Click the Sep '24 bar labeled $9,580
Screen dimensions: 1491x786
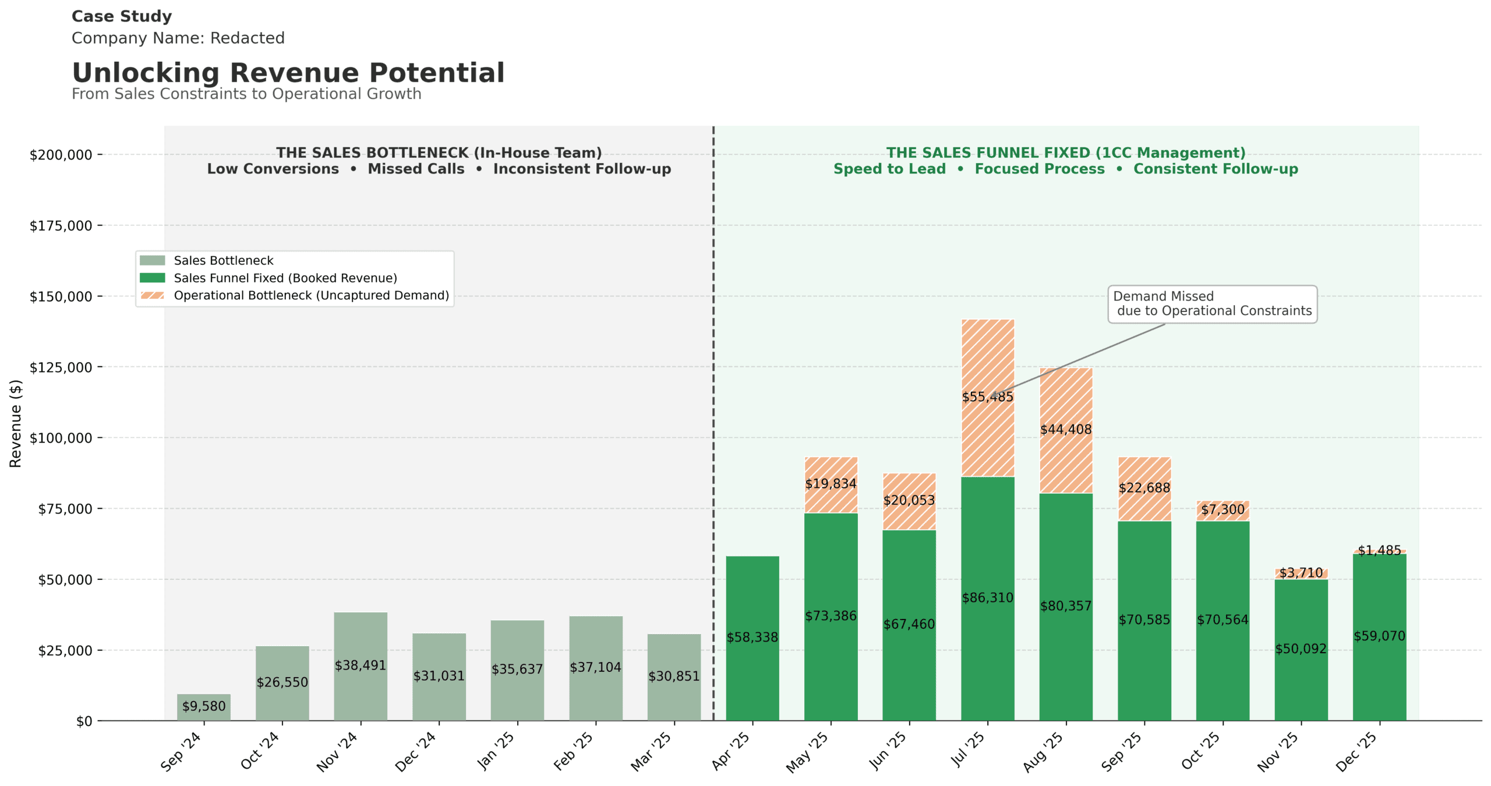coord(203,706)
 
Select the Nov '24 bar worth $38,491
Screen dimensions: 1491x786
coord(361,666)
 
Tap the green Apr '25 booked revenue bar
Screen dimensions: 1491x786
coord(752,638)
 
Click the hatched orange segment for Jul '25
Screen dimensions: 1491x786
coord(988,398)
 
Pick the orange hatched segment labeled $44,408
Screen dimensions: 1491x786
coord(1066,430)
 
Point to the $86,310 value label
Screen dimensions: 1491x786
coord(988,597)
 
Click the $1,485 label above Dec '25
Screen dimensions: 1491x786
coord(1380,550)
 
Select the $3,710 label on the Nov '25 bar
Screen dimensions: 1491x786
coord(1301,572)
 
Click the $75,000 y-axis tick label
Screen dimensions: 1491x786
coord(65,509)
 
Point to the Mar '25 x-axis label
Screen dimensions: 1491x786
coord(651,752)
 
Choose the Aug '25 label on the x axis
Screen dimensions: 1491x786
coord(1043,752)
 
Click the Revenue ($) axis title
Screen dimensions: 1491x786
coord(16,423)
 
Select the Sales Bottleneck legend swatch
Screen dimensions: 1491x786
coord(153,260)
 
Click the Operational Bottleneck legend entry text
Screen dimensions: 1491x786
coord(312,295)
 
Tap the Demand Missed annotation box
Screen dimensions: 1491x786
coord(1212,304)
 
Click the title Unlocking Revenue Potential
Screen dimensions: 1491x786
coord(288,73)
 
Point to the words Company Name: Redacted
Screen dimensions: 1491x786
coord(178,38)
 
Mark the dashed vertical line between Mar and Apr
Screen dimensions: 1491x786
coord(713,423)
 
